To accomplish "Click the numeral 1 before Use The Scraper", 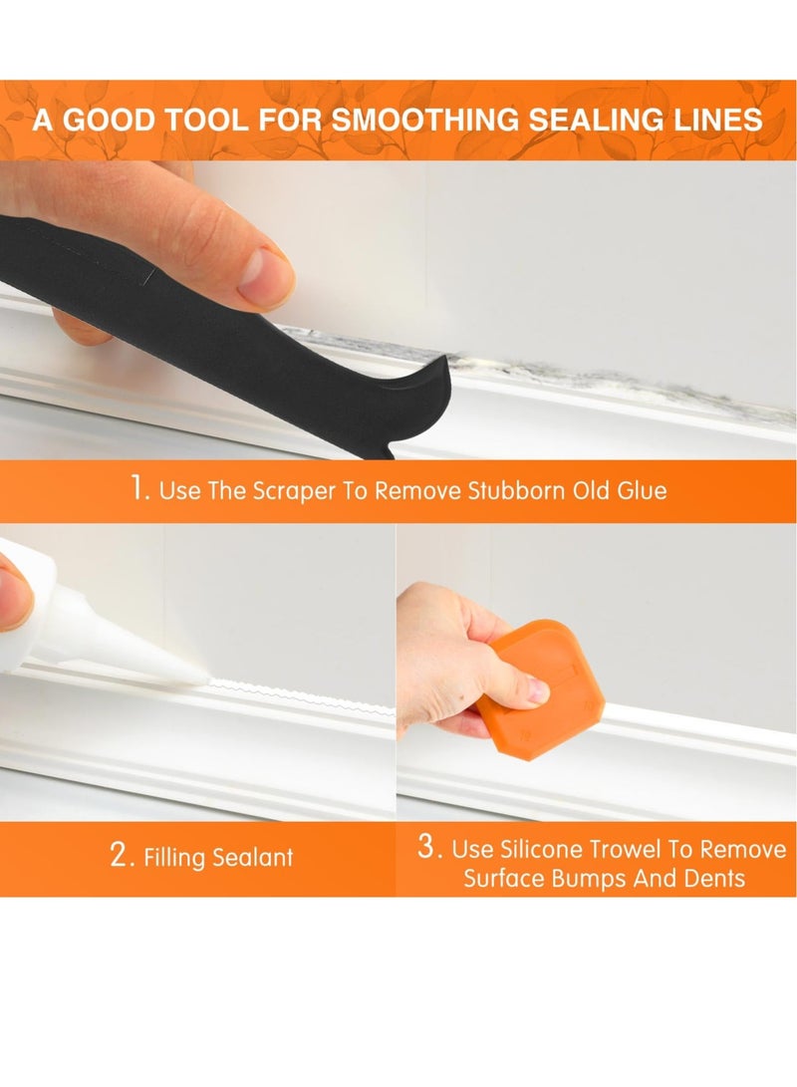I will pyautogui.click(x=136, y=489).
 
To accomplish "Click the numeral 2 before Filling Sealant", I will pyautogui.click(x=118, y=856).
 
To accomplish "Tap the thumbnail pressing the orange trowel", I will pyautogui.click(x=535, y=689).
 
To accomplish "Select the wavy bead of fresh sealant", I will pyautogui.click(x=299, y=697).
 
